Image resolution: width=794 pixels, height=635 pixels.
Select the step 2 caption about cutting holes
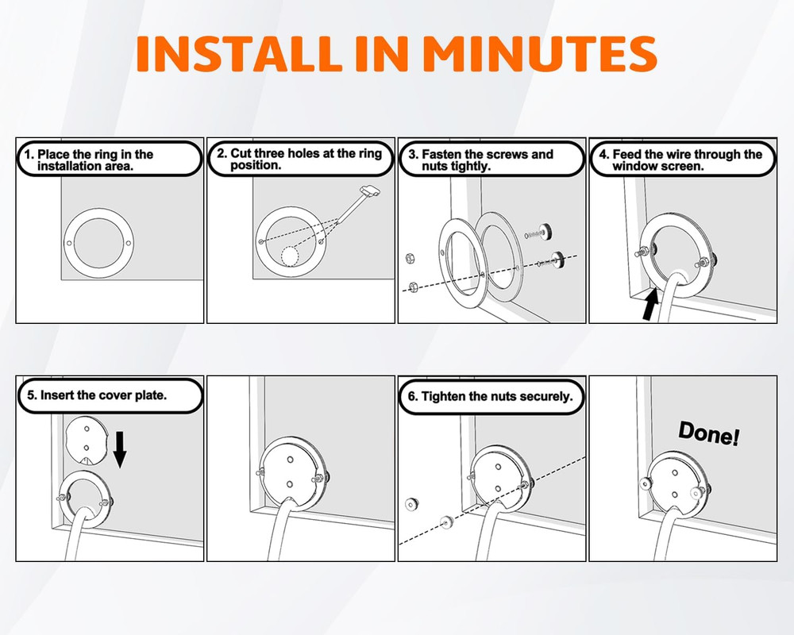tap(299, 159)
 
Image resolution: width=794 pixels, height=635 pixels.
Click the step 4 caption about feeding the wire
tap(680, 160)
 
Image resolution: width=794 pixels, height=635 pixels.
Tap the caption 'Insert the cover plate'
tap(97, 395)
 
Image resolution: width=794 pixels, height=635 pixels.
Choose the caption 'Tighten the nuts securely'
tap(490, 396)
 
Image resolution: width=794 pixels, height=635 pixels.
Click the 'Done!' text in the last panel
tap(709, 433)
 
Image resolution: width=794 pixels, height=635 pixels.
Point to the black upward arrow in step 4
tap(651, 302)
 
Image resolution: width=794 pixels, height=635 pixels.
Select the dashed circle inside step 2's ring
tap(290, 256)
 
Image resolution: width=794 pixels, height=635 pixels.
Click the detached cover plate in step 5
tap(87, 441)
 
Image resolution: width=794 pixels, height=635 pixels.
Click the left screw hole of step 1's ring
tap(69, 243)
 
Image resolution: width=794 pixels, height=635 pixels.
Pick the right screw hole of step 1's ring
tap(128, 243)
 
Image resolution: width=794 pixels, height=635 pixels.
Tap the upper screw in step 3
tap(538, 233)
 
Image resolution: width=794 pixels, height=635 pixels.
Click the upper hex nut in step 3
tap(410, 259)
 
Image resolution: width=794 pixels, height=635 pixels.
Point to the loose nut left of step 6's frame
tap(411, 504)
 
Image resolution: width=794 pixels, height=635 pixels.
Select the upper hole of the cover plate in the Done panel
tap(675, 473)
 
